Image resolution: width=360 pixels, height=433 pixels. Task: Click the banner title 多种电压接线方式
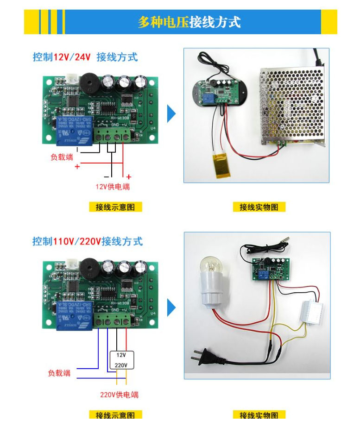(189, 22)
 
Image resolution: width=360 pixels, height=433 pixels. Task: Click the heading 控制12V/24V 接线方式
(85, 57)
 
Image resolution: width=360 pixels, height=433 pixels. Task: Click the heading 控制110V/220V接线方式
(88, 241)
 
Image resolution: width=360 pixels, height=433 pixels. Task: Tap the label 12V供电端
(113, 187)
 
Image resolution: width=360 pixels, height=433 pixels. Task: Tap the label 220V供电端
(119, 395)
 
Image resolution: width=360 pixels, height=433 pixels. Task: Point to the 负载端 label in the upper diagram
(62, 157)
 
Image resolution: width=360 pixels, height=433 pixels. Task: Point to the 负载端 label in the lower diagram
(59, 373)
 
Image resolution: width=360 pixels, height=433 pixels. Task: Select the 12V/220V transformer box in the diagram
(121, 360)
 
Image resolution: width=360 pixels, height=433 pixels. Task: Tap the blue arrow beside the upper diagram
(171, 114)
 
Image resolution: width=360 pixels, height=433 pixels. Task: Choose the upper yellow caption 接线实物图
(259, 207)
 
